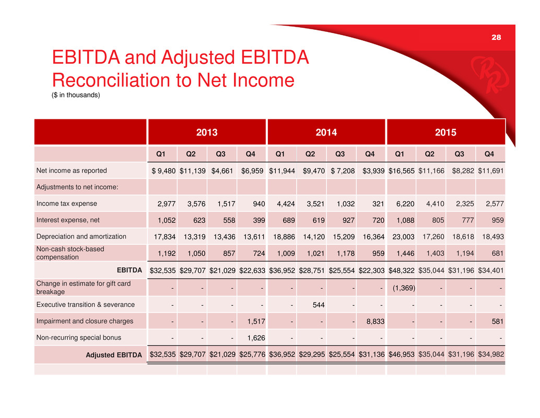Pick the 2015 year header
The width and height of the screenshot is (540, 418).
pyautogui.click(x=445, y=132)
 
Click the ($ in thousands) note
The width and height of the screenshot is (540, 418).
pyautogui.click(x=76, y=95)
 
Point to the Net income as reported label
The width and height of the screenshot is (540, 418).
pyautogui.click(x=72, y=170)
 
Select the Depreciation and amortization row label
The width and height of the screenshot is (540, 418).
pyautogui.click(x=81, y=236)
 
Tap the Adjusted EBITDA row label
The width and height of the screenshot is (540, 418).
pyautogui.click(x=114, y=355)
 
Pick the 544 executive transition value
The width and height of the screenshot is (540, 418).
pyautogui.click(x=312, y=304)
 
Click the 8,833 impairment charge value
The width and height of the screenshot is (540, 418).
pyautogui.click(x=373, y=321)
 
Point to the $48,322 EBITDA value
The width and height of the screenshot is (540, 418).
pyautogui.click(x=402, y=270)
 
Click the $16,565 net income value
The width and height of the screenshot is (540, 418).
pyautogui.click(x=402, y=171)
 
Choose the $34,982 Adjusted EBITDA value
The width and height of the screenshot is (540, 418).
pyautogui.click(x=491, y=355)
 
